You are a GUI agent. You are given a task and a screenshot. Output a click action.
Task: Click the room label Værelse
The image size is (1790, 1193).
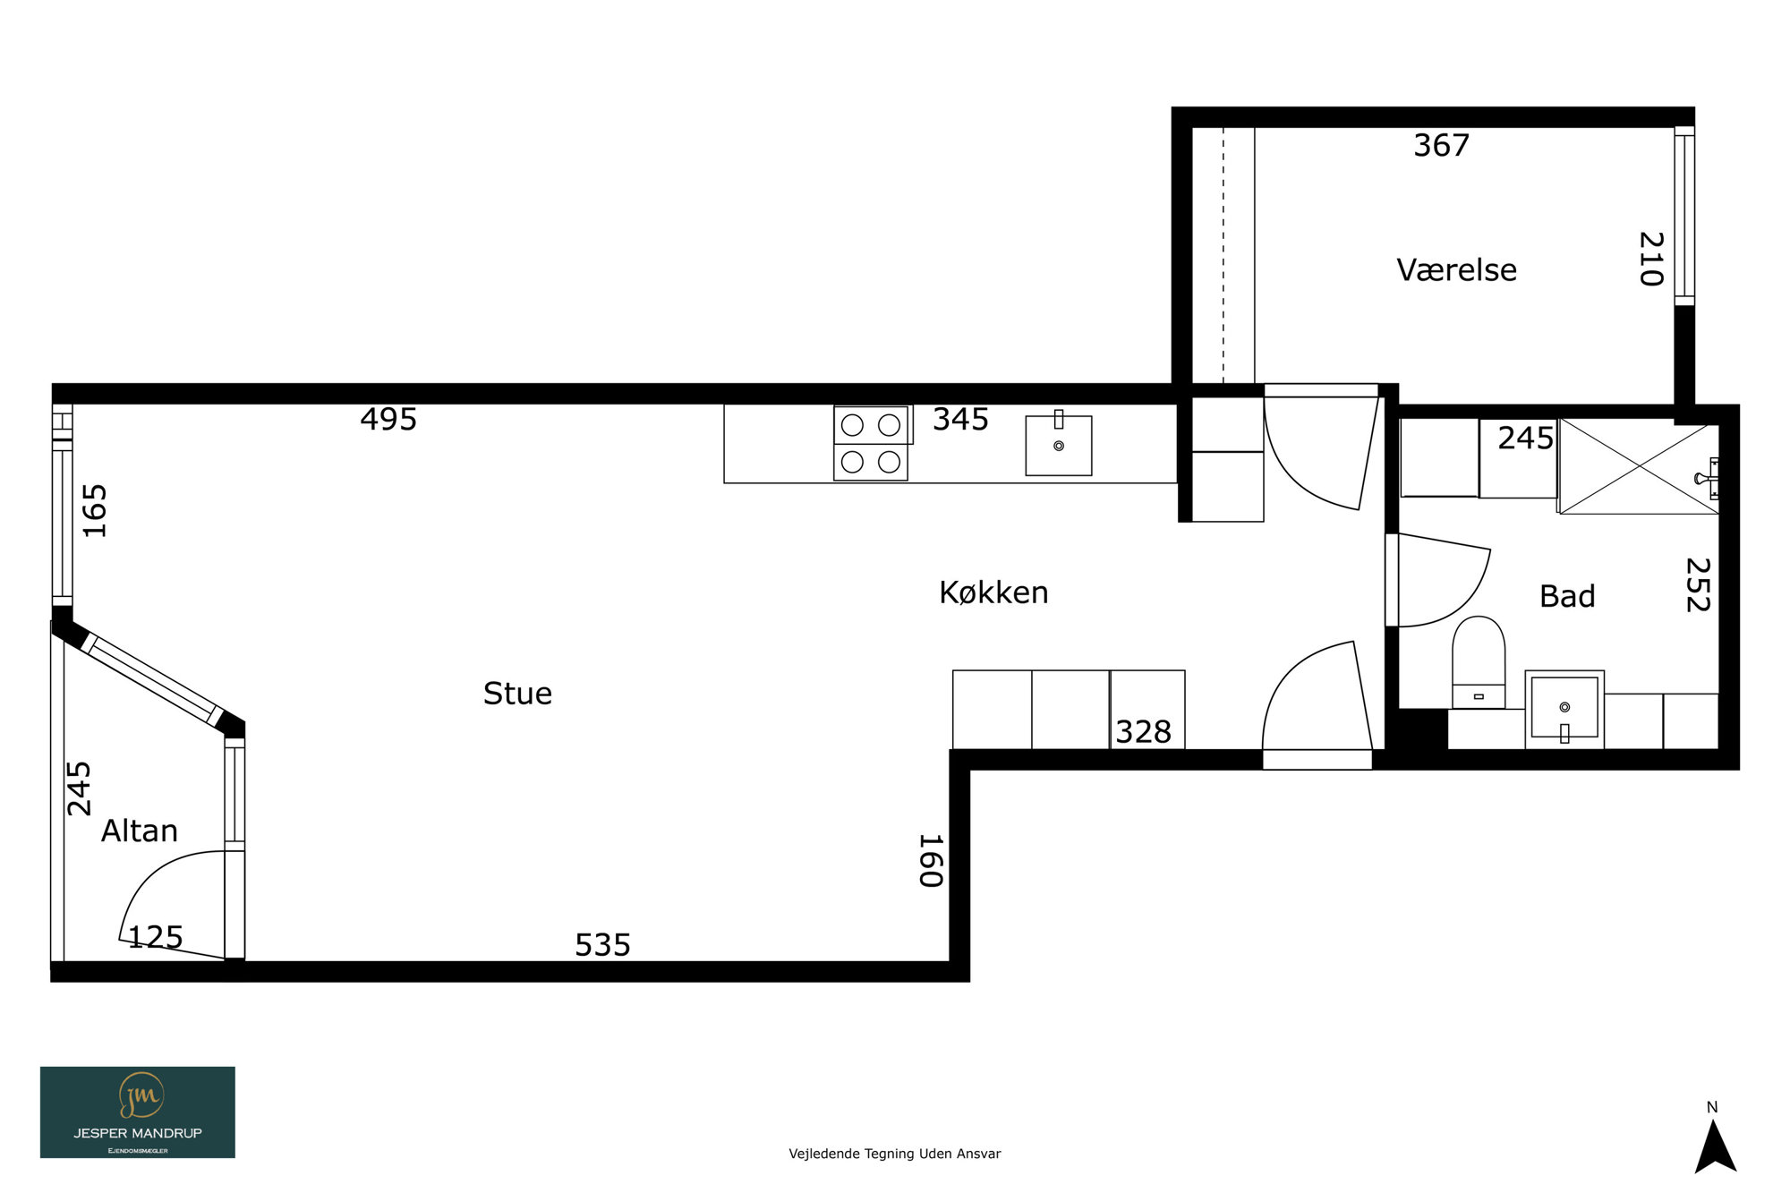click(1456, 270)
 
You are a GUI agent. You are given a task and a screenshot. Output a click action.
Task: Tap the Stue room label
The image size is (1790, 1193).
click(517, 694)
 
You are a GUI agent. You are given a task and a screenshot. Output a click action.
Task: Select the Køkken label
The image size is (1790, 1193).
click(993, 592)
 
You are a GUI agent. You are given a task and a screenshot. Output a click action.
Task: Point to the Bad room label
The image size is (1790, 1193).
click(1567, 596)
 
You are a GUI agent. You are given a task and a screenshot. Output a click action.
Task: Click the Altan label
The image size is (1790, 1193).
click(140, 831)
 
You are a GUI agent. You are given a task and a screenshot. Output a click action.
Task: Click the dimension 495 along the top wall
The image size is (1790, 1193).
click(388, 419)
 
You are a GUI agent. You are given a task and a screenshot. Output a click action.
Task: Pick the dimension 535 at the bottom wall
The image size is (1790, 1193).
click(602, 945)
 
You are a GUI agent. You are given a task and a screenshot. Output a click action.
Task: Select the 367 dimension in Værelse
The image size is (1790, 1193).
click(1441, 145)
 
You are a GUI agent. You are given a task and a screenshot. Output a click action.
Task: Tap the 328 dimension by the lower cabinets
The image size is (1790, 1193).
click(1143, 732)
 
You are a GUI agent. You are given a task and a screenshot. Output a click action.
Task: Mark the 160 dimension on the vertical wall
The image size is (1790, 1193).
click(932, 861)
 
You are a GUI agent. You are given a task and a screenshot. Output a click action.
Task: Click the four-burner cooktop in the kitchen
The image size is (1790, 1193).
click(871, 443)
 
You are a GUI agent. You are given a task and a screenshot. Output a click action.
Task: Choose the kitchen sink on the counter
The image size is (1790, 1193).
click(1059, 445)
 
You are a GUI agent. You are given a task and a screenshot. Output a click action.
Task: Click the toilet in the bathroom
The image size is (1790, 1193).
click(1479, 662)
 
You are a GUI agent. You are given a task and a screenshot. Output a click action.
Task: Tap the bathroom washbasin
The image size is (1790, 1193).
click(1564, 709)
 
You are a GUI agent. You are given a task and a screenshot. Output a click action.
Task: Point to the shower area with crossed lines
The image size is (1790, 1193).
click(1639, 466)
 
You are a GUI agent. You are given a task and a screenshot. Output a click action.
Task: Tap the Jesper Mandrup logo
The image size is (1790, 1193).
click(138, 1112)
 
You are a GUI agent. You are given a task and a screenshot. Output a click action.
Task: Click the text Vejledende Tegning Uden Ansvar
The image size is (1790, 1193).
click(895, 1154)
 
